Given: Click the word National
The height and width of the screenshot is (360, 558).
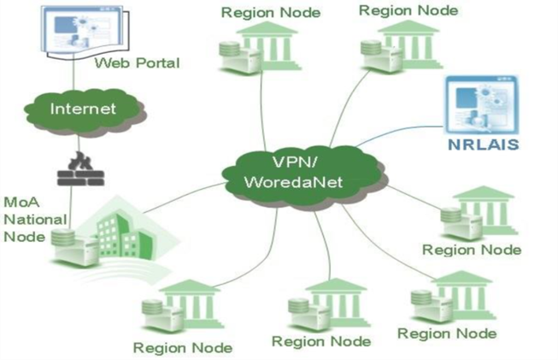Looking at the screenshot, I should (x=31, y=218).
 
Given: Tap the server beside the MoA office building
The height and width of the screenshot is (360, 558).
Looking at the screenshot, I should (x=67, y=246).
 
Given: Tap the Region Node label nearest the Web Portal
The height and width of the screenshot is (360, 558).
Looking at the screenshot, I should (x=258, y=13).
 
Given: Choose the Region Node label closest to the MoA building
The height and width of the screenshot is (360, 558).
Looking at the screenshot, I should (x=182, y=347).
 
